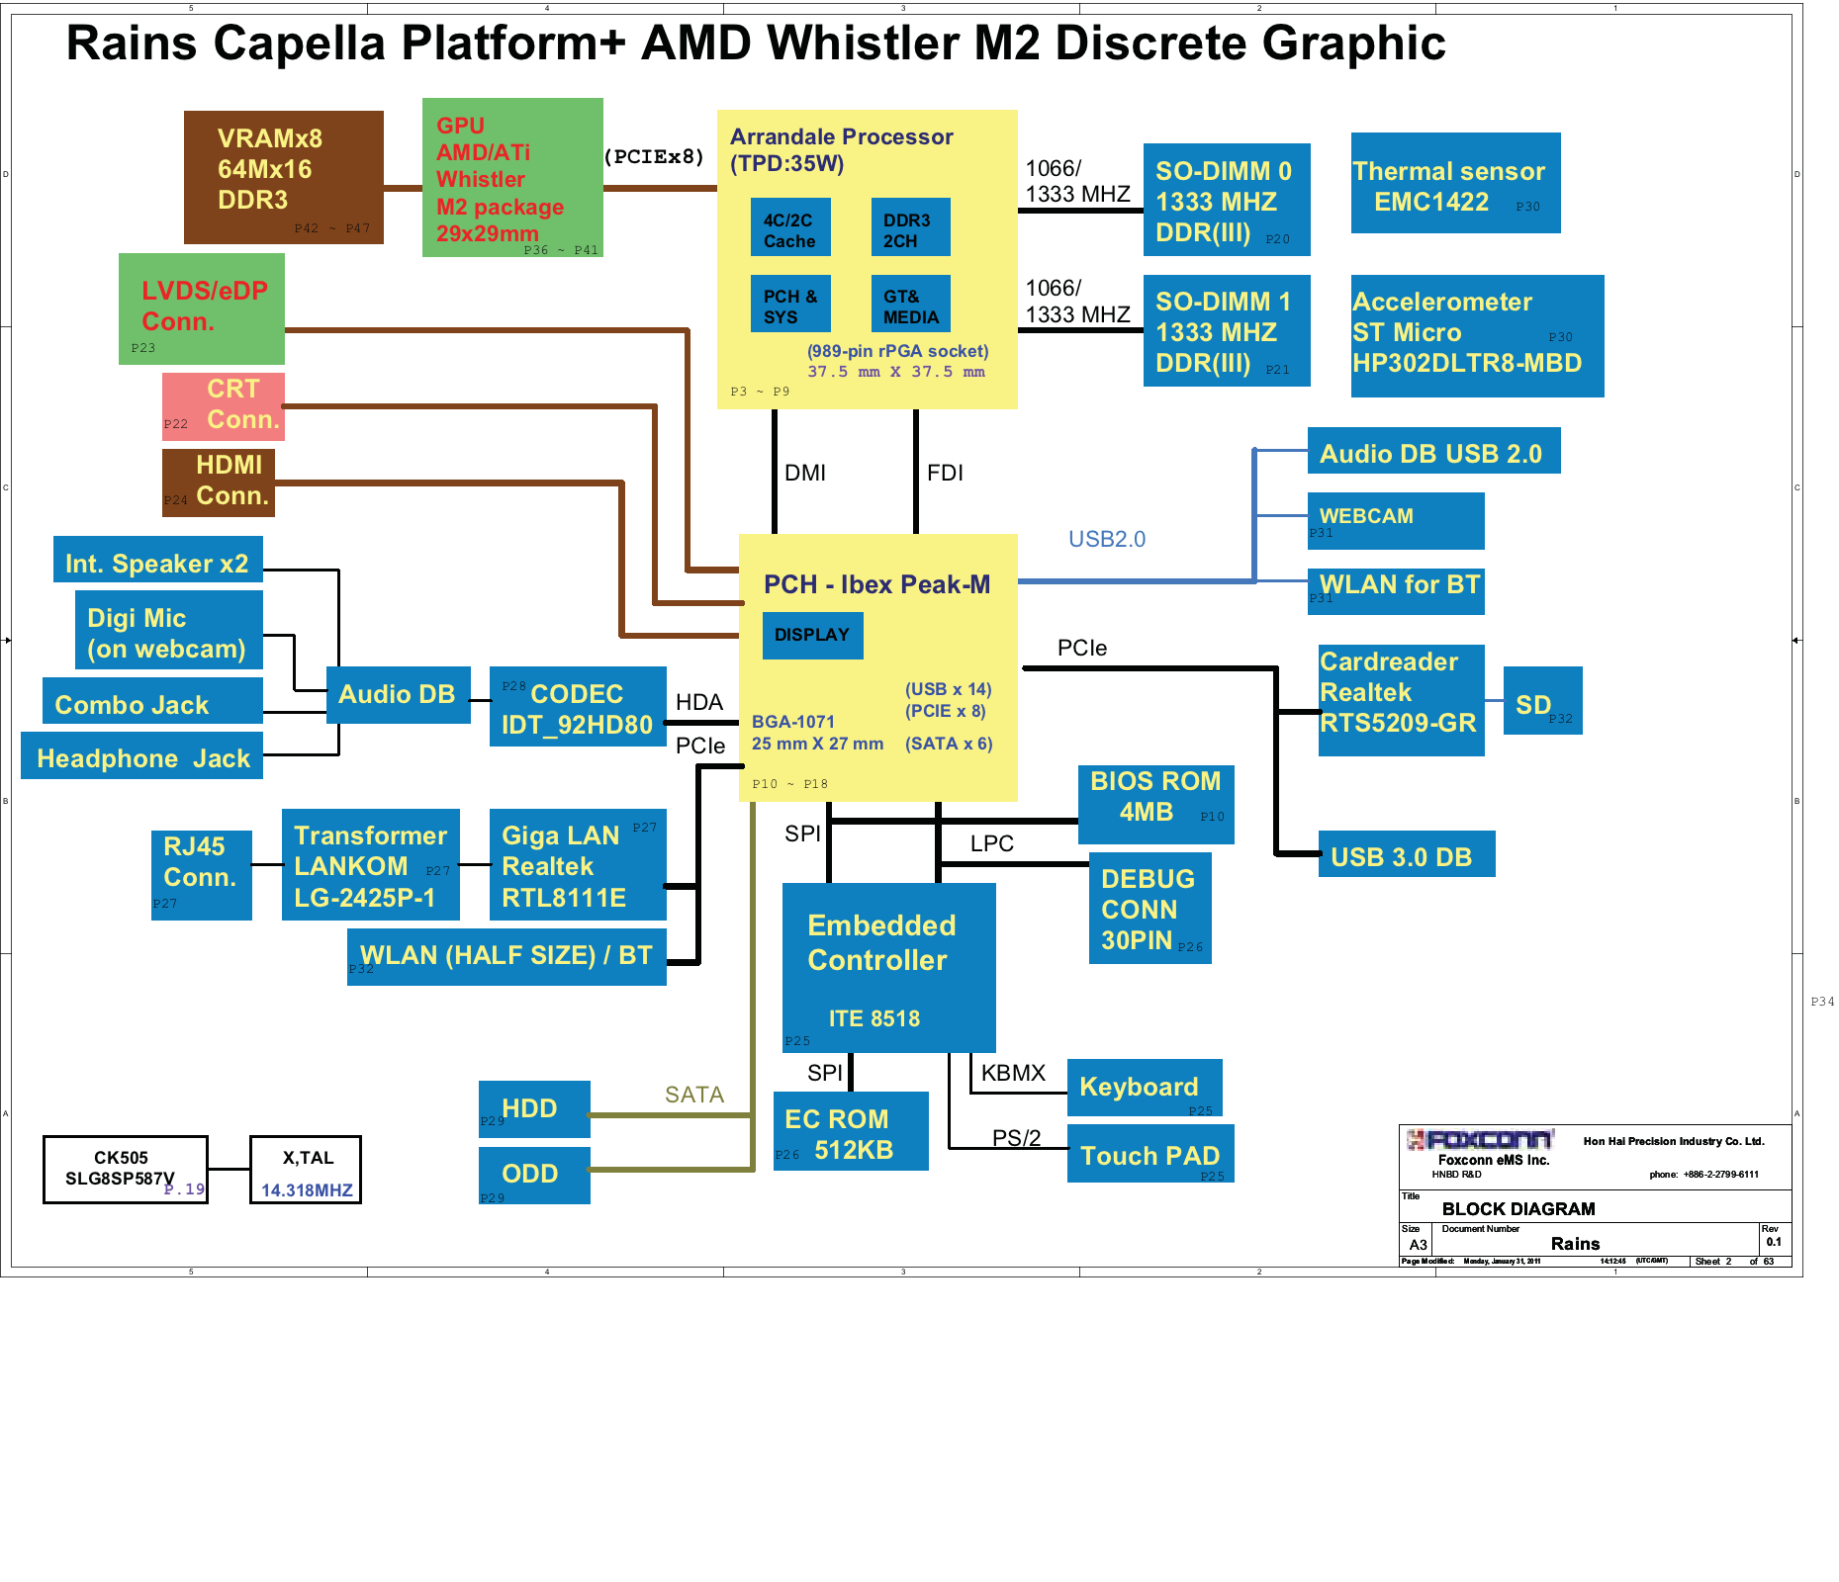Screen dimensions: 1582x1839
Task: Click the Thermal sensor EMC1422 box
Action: [1455, 183]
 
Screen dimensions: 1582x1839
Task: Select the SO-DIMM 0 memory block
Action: [1227, 200]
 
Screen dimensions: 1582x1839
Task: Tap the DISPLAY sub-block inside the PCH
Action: [812, 635]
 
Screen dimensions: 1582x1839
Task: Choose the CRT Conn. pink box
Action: [224, 405]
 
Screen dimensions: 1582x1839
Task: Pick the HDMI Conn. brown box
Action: [219, 482]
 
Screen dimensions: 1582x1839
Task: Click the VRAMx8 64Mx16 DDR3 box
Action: [283, 177]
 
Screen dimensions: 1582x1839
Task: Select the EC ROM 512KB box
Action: [850, 1131]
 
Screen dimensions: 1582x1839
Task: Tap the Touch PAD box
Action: [1149, 1154]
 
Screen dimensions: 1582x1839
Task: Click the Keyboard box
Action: [1144, 1087]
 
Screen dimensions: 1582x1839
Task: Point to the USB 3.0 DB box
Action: [1406, 855]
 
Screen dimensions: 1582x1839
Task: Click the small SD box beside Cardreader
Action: [1541, 701]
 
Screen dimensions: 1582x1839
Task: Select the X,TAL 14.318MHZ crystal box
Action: [306, 1170]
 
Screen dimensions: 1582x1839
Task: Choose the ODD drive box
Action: [534, 1175]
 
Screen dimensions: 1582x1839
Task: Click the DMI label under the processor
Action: [805, 473]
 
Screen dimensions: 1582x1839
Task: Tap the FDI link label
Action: [945, 473]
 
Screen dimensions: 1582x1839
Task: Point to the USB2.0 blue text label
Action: [1106, 539]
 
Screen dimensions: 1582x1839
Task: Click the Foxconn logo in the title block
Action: [1480, 1139]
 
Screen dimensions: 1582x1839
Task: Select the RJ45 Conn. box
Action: [201, 874]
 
